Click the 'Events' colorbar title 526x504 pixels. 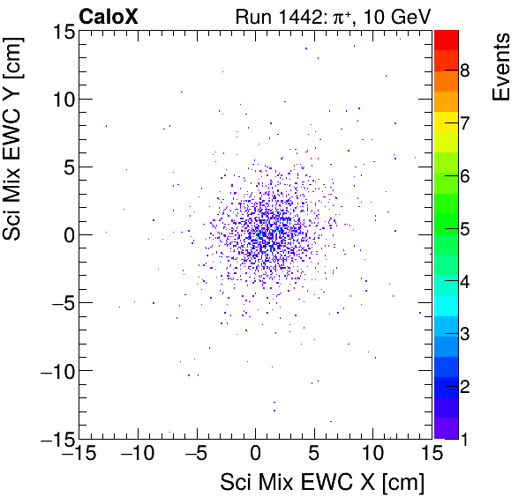coord(501,68)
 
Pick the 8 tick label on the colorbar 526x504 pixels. coord(464,70)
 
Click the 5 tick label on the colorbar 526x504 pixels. coord(464,230)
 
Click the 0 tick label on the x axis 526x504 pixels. coord(256,454)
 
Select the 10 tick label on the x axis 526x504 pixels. coord(373,454)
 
